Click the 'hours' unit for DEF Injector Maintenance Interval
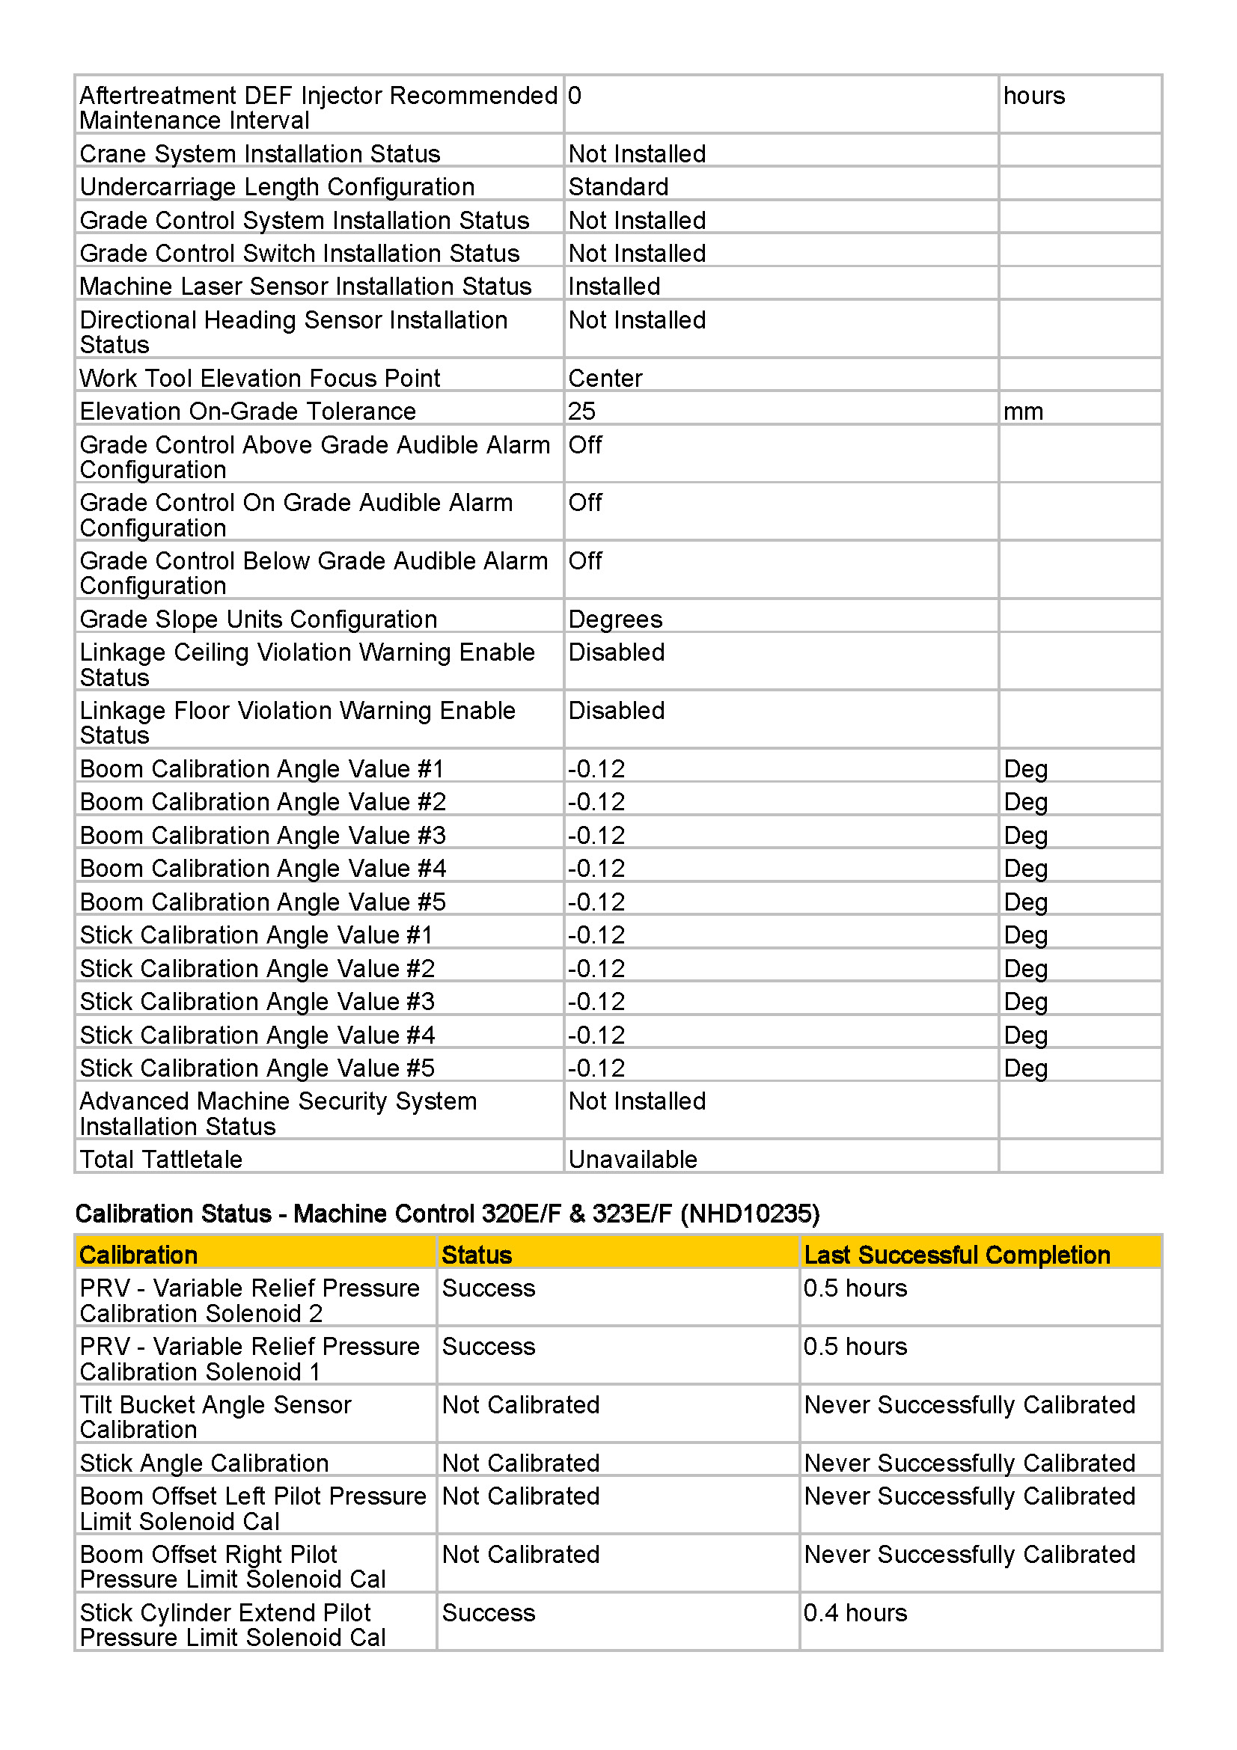click(x=1033, y=96)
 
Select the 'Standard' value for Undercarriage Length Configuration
click(x=618, y=187)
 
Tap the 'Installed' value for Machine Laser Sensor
click(x=614, y=287)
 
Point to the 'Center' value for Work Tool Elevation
click(x=605, y=378)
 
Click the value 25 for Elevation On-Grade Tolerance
click(x=581, y=412)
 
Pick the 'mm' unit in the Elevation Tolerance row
click(x=1023, y=412)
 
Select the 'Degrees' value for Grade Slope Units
click(x=615, y=619)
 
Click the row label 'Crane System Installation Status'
click(x=260, y=154)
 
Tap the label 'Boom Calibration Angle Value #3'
click(x=262, y=836)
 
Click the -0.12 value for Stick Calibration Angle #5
click(x=596, y=1068)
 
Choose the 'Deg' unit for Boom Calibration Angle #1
click(x=1025, y=769)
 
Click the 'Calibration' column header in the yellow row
click(x=138, y=1255)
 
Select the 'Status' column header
click(x=477, y=1255)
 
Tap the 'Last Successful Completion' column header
click(x=956, y=1255)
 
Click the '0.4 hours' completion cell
click(x=855, y=1613)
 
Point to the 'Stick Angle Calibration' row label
click(x=204, y=1463)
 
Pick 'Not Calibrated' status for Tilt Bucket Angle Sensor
click(x=521, y=1405)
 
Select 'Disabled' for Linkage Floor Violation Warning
click(x=617, y=710)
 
